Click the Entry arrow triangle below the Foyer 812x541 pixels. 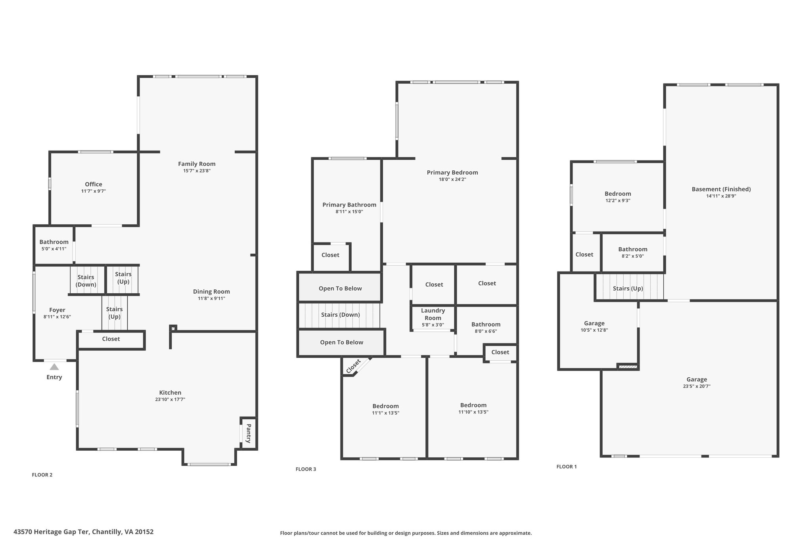click(x=54, y=367)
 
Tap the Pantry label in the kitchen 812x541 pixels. click(x=249, y=433)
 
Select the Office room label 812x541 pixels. click(x=94, y=184)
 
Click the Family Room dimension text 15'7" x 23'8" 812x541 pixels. click(x=197, y=171)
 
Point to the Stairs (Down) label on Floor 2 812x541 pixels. click(x=86, y=281)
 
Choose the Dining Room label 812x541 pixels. click(x=211, y=292)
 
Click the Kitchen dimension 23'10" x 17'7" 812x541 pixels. click(x=170, y=400)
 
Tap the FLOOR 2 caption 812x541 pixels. click(x=42, y=475)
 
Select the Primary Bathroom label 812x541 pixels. click(x=349, y=205)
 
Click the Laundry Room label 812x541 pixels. click(x=433, y=314)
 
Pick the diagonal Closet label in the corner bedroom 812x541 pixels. click(x=353, y=366)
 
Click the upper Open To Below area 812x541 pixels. click(x=340, y=288)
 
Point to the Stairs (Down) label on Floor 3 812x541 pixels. click(x=341, y=315)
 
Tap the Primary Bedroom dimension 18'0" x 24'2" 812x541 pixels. click(x=452, y=179)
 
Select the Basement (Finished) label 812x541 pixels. click(x=721, y=189)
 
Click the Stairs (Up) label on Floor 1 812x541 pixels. click(x=628, y=288)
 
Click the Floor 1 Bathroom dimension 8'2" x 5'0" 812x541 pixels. click(x=633, y=256)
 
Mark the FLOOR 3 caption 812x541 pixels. click(x=306, y=469)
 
